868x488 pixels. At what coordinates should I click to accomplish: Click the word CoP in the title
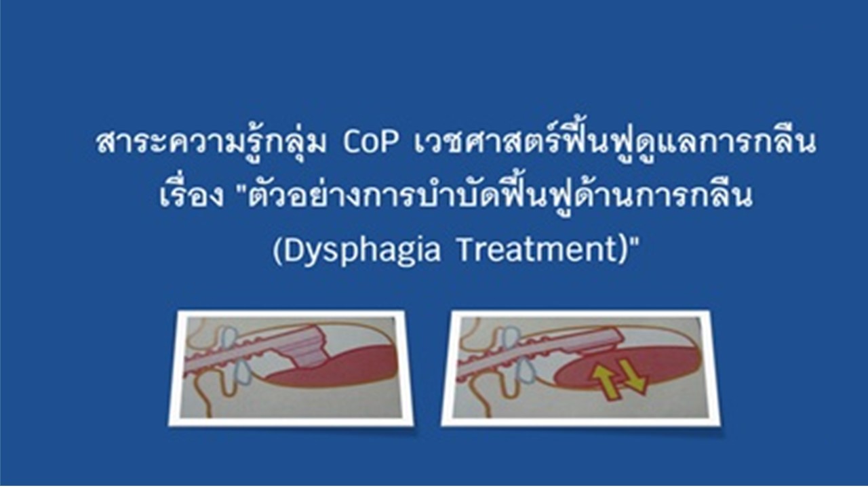point(370,143)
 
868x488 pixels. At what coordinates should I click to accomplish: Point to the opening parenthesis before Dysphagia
point(278,251)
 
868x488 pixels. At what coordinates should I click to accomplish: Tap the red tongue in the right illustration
point(628,368)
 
